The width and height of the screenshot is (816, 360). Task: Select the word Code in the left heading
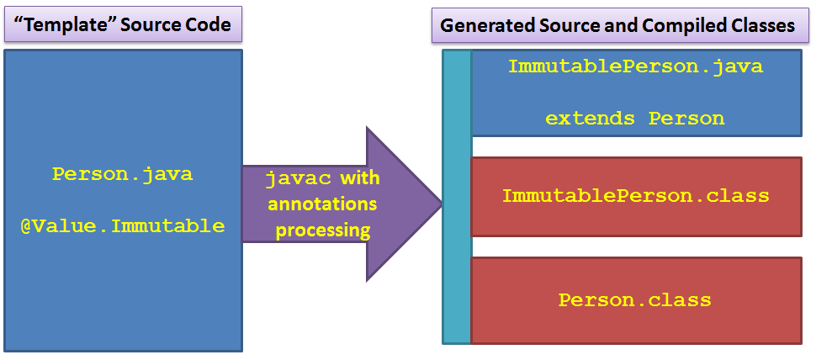tap(208, 24)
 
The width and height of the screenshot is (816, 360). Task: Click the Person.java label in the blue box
tap(122, 174)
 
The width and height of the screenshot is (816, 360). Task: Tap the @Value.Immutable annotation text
tap(123, 226)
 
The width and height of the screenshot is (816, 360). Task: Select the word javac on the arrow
tap(298, 179)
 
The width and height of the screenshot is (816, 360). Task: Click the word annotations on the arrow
tap(322, 204)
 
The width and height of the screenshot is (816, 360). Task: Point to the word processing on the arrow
tap(323, 230)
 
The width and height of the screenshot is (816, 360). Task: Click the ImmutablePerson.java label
tap(635, 66)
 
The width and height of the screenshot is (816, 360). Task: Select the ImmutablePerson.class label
tap(635, 196)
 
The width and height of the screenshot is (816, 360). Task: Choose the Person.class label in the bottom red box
tap(635, 300)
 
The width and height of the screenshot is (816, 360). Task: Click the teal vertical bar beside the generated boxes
tap(457, 197)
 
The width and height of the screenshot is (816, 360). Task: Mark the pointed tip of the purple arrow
tap(442, 204)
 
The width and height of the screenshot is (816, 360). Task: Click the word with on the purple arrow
tap(359, 179)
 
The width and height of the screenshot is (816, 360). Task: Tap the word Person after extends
tap(686, 119)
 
